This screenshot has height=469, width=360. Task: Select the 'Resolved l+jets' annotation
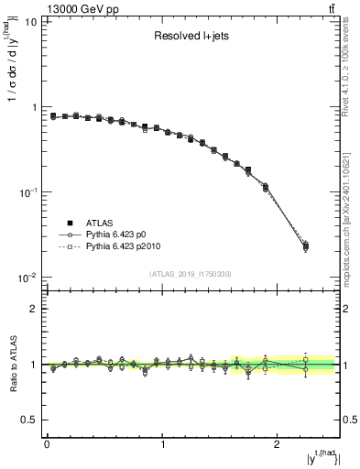click(191, 38)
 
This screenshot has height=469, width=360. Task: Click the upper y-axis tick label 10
click(28, 22)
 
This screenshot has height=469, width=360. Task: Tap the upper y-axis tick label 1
click(32, 107)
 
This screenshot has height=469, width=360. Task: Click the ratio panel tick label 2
click(32, 309)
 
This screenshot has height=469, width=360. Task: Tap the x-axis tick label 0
click(47, 444)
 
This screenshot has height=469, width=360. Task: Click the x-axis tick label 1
click(162, 444)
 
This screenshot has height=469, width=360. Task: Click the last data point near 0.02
click(305, 245)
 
